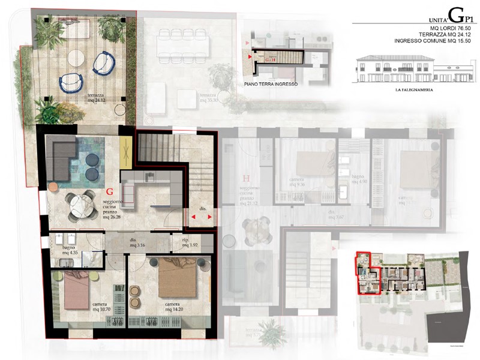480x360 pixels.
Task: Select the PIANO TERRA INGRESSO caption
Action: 271,85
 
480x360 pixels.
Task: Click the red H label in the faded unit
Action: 245,178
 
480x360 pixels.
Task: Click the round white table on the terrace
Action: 76,58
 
